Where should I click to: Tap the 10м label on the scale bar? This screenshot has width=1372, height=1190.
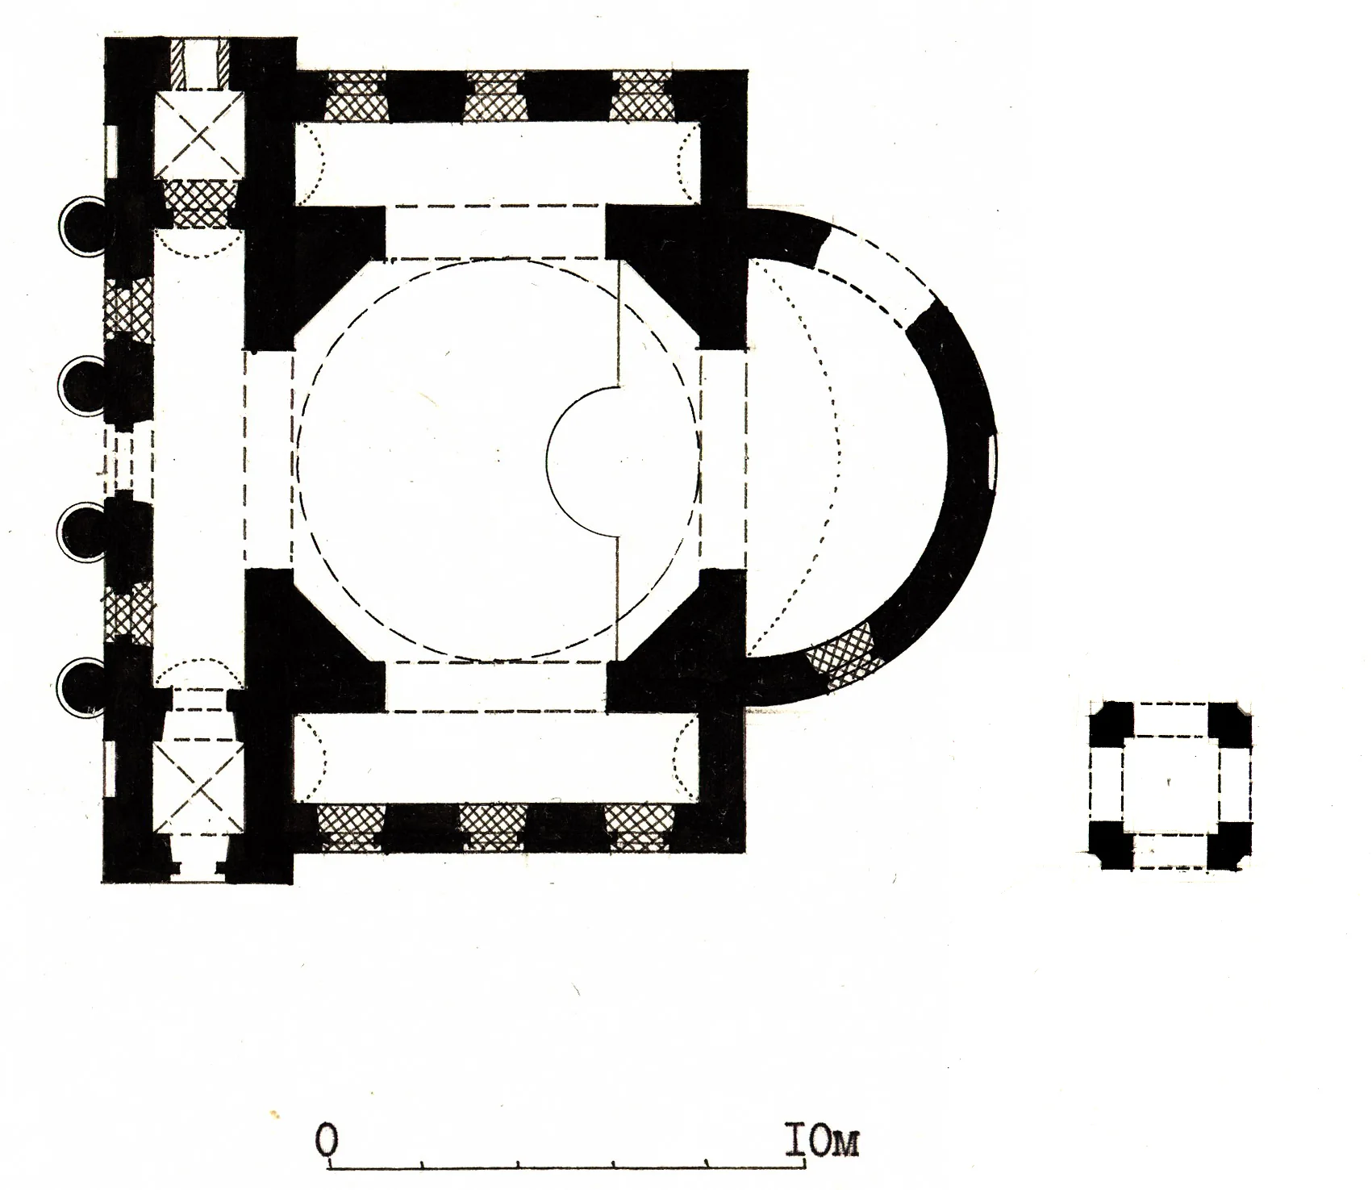tap(822, 1142)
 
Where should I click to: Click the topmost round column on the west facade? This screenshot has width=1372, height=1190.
tap(82, 227)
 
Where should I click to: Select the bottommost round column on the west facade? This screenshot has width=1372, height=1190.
tap(82, 687)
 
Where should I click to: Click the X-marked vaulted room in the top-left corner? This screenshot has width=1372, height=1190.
tap(198, 136)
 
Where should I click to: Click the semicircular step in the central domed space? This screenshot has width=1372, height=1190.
tap(582, 461)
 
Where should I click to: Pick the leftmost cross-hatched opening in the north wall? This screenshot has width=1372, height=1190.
tap(355, 97)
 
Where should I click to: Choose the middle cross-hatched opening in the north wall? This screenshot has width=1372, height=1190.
tap(495, 97)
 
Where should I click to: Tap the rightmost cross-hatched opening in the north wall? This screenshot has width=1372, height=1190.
tap(641, 97)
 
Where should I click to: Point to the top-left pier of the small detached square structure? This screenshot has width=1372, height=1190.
tap(1111, 724)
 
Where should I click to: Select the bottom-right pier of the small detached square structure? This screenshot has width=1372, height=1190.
tap(1228, 846)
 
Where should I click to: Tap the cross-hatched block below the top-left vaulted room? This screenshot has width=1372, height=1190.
tap(198, 203)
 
